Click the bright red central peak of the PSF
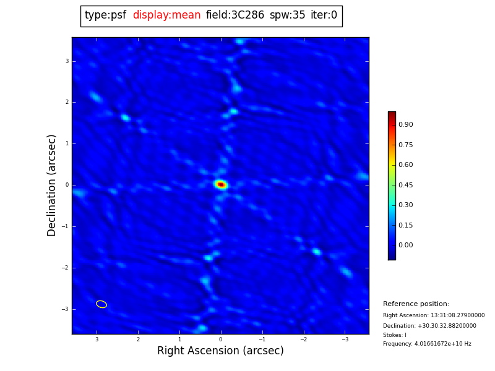221,184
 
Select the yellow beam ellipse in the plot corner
101,304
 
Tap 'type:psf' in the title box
105,15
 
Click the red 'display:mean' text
166,15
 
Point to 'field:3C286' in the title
235,15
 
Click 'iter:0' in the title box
324,15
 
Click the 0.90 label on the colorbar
405,125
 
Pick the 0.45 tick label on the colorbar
405,185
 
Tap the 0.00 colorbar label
405,245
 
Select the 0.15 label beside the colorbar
405,225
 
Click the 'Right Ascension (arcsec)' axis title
220,351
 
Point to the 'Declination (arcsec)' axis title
52,185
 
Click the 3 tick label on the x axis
97,339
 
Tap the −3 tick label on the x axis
345,339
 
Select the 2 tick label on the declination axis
67,102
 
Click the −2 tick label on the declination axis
66,268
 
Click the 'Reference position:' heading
416,304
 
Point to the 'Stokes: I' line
395,335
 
